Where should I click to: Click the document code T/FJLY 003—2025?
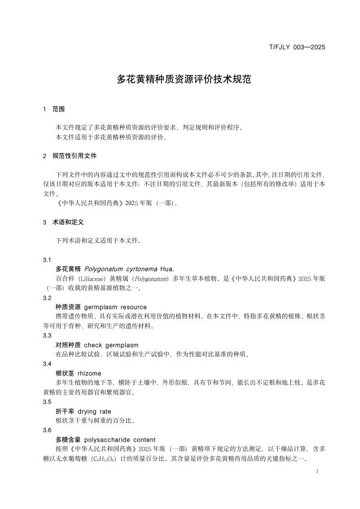(297, 47)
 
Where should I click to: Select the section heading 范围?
(58, 109)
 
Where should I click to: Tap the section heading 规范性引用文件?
(75, 156)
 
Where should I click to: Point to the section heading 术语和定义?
(68, 222)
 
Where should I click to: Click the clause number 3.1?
(47, 260)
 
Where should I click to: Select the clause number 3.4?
(47, 364)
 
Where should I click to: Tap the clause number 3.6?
(47, 430)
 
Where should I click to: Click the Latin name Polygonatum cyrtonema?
(121, 269)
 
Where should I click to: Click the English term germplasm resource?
(115, 307)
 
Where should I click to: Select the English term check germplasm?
(111, 345)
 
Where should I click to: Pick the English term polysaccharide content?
(120, 439)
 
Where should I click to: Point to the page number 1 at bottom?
(317, 471)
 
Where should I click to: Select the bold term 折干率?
(65, 411)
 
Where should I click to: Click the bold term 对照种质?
(68, 345)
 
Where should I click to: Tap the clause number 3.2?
(47, 298)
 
